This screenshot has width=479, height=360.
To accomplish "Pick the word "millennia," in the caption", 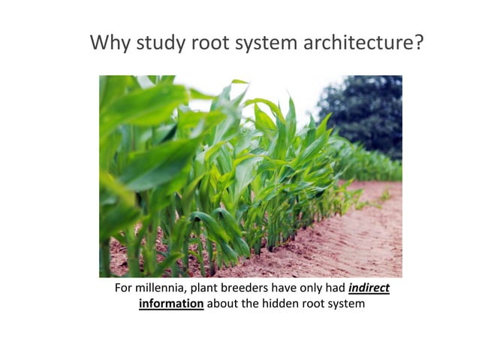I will (161, 289).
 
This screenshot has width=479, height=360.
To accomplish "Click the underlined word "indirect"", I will (369, 289).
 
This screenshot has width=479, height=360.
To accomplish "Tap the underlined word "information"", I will (171, 304).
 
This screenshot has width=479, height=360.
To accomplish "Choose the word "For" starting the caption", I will (123, 289).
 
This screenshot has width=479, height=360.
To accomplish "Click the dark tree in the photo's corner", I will (368, 113).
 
